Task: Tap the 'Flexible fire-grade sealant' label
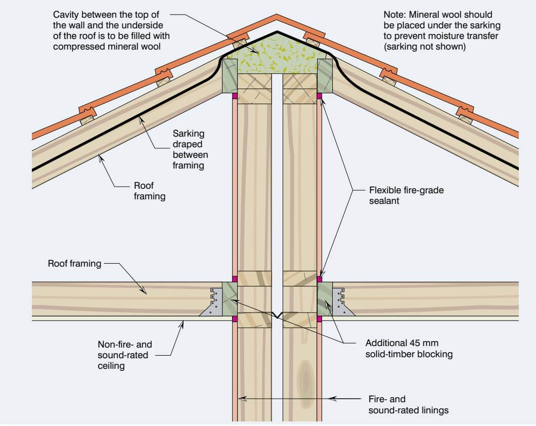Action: point(399,196)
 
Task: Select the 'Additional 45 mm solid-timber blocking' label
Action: point(409,348)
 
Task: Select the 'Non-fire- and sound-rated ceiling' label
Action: point(124,355)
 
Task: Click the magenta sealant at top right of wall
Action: point(319,95)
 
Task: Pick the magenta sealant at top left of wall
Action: point(234,95)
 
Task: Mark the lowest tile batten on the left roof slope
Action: point(87,120)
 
